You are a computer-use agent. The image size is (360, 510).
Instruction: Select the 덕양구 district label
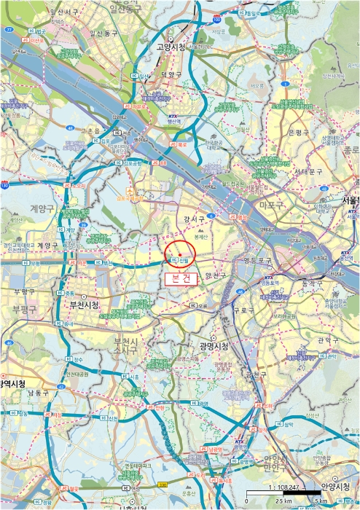click(171, 74)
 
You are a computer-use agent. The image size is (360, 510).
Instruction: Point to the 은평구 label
click(300, 133)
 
